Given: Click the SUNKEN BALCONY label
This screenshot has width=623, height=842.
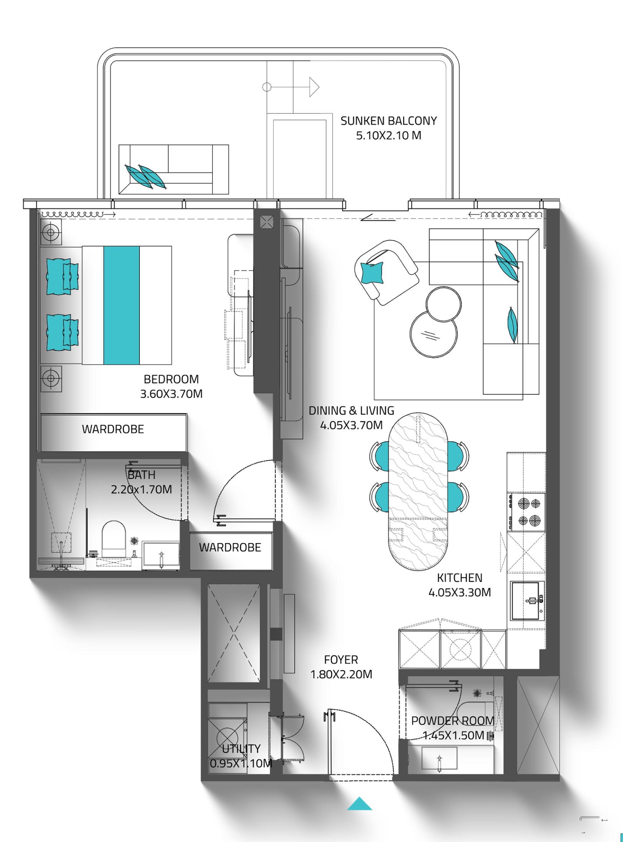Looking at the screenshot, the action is click(x=388, y=121).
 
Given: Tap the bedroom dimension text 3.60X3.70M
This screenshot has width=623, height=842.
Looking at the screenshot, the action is click(x=171, y=394).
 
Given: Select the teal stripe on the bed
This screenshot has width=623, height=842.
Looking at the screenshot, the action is click(x=121, y=305).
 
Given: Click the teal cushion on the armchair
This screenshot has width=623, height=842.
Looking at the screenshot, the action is click(x=372, y=272).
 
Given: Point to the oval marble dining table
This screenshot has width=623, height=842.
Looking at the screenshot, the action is click(x=418, y=491).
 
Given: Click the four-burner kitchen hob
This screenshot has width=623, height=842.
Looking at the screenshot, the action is click(x=526, y=512).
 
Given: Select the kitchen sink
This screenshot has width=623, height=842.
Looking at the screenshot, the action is click(x=526, y=601).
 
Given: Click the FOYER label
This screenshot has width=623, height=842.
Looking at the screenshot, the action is click(x=341, y=660).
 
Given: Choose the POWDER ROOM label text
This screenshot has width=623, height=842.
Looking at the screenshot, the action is click(x=452, y=721).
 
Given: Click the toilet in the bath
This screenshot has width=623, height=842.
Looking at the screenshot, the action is click(x=113, y=539).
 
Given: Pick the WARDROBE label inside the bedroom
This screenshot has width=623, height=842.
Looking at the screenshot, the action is click(x=113, y=429).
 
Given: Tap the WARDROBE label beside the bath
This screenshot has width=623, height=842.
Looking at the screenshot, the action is click(x=230, y=547).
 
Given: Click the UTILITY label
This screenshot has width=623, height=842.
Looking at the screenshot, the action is click(x=241, y=749).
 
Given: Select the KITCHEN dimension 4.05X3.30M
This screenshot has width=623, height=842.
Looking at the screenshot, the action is click(x=459, y=592).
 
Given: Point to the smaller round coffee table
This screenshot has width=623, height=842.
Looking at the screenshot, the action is click(x=443, y=304).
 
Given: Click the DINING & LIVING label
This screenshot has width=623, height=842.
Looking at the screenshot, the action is click(x=351, y=411).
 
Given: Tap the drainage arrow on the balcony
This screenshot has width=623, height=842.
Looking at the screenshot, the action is click(x=291, y=87).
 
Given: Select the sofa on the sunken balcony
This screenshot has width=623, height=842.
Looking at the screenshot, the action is click(x=173, y=169).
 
